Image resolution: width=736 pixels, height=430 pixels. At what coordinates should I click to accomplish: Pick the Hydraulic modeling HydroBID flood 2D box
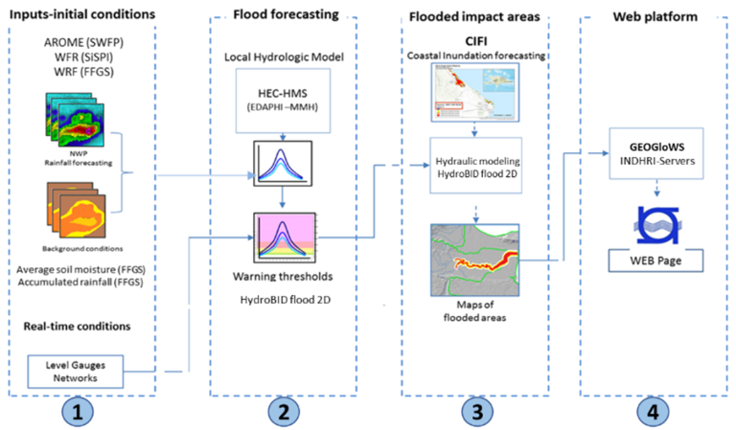click(476, 161)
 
